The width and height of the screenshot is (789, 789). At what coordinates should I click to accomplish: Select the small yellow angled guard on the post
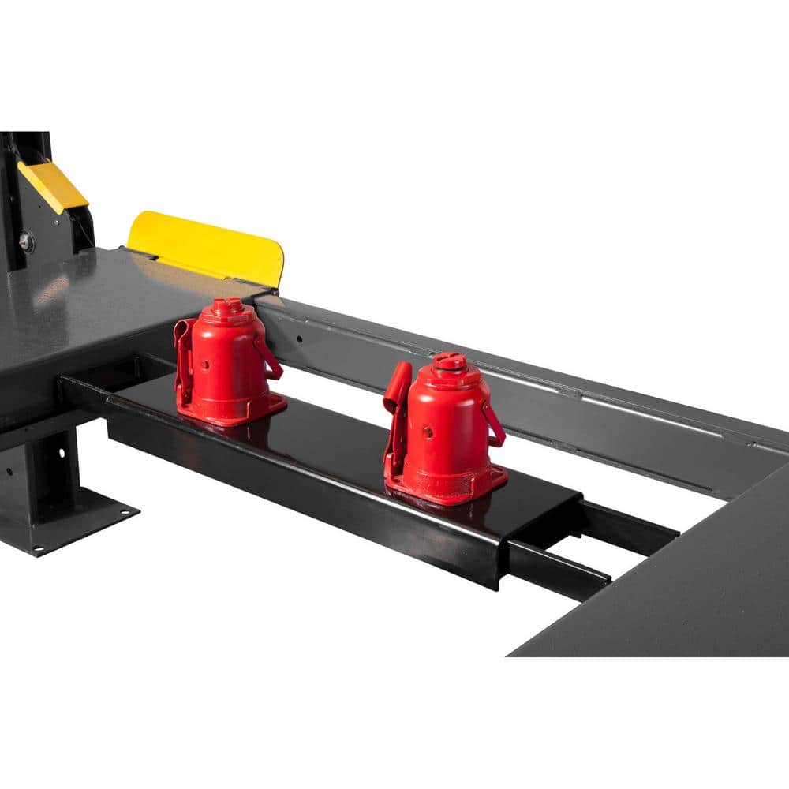click(54, 186)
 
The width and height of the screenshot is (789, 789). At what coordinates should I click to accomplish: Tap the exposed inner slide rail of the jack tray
click(560, 568)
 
